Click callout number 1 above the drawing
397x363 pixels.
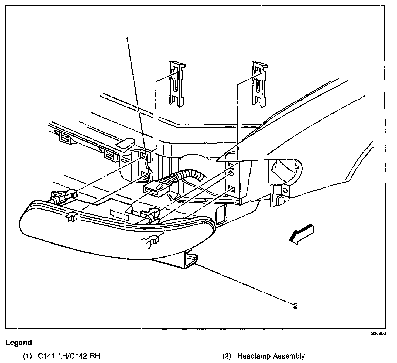coord(127,40)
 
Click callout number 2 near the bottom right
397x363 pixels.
coord(295,306)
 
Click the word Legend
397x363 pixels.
coord(19,343)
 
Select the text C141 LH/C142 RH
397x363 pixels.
coord(69,356)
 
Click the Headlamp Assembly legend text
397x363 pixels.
coord(271,356)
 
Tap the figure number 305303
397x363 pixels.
coord(378,333)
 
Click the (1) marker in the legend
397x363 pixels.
coord(28,356)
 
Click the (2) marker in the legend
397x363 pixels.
coord(227,356)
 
